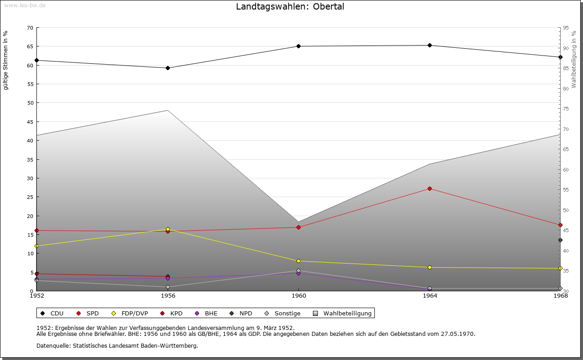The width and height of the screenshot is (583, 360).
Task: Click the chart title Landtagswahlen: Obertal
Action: [x=290, y=7]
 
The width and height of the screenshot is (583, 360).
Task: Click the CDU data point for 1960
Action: [x=299, y=46]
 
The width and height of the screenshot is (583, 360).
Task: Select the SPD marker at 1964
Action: [x=430, y=188]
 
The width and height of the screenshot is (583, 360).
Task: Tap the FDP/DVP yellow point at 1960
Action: [x=299, y=261]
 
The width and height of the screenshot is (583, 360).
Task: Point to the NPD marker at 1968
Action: [x=560, y=240]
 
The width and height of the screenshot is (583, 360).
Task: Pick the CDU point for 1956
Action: [x=168, y=68]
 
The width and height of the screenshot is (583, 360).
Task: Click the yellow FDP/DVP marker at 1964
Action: [x=430, y=267]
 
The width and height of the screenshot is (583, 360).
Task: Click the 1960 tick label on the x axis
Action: [x=299, y=296]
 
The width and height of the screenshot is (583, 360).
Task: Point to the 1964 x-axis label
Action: [x=430, y=296]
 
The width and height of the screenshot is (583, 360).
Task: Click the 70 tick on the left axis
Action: [x=30, y=28]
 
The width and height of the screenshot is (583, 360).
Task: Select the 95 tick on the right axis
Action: [x=566, y=28]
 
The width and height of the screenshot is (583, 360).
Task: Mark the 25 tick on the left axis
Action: [x=30, y=197]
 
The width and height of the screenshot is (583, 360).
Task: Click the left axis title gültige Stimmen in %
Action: [x=6, y=60]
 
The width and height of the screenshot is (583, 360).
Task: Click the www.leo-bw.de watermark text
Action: [x=24, y=5]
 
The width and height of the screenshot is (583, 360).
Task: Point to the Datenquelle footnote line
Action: [x=117, y=345]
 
